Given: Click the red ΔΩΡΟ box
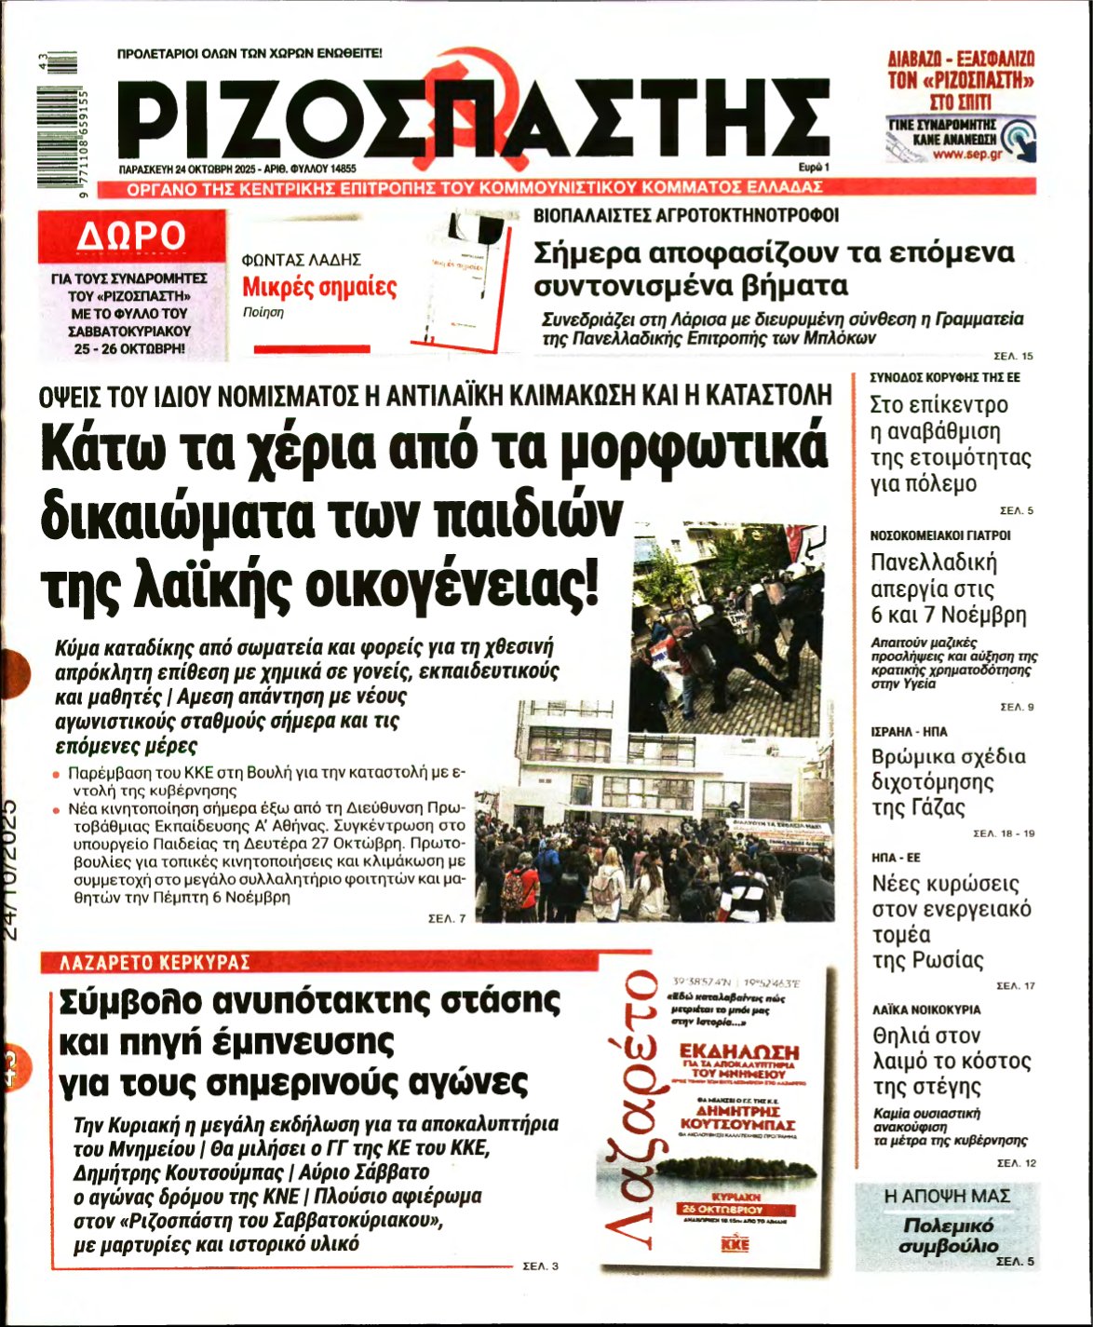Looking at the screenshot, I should [x=130, y=237].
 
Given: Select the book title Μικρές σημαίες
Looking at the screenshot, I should [x=319, y=287].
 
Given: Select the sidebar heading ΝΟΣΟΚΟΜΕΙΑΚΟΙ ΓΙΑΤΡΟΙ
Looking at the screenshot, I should [x=939, y=535].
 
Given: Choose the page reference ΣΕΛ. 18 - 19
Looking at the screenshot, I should [x=1003, y=833].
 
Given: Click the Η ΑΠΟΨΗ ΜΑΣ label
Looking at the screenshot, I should [x=947, y=1196].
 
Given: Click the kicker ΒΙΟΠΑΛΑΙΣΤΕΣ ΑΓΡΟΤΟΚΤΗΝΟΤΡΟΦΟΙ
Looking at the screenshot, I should [x=686, y=215].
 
